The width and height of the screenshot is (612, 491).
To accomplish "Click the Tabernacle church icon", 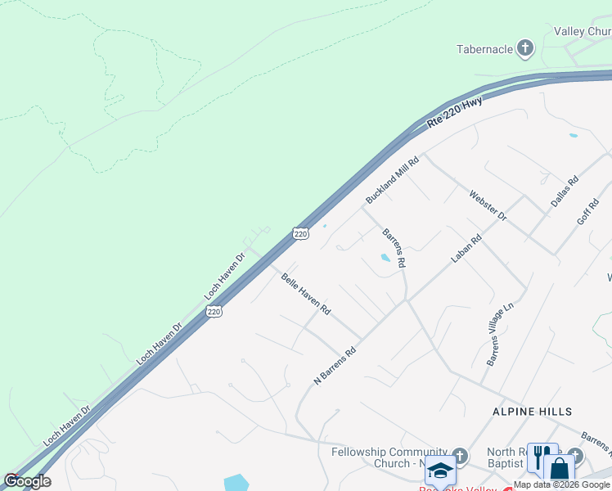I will tap(525, 49).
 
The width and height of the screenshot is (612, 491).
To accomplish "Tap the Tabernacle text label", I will tap(484, 49).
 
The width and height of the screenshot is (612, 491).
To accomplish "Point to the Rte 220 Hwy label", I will tap(455, 113).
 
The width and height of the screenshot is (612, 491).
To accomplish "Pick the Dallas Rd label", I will tap(565, 191).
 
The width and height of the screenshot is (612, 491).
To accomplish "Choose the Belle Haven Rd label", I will tap(305, 295).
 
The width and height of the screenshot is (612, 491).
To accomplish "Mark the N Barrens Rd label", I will tap(335, 366).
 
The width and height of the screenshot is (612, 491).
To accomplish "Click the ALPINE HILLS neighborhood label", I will tap(531, 411).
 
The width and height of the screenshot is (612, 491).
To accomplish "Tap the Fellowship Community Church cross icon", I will tap(460, 456).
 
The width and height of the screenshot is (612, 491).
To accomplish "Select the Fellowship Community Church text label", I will tap(389, 457).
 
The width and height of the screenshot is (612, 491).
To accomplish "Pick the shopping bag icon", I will tap(560, 470).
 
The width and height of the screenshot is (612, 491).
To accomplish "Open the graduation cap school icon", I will tap(440, 471).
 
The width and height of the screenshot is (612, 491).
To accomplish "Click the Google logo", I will tap(27, 481).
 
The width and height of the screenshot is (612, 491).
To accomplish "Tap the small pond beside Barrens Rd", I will tap(385, 259).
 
